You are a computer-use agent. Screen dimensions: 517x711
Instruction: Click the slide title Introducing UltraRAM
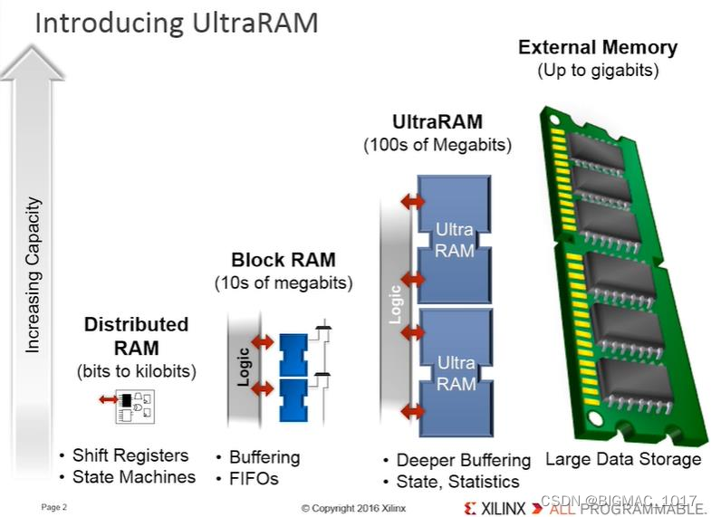[x=176, y=21]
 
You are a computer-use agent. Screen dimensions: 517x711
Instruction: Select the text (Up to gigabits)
[x=597, y=70]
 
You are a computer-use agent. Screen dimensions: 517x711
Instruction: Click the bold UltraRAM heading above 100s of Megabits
[x=437, y=122]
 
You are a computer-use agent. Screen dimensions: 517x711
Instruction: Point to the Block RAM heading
[x=283, y=261]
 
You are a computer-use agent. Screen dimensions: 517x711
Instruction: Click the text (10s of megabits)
[x=283, y=282]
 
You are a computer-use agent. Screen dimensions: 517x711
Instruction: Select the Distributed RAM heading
[x=137, y=336]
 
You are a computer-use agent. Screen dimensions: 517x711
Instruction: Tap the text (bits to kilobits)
[x=137, y=370]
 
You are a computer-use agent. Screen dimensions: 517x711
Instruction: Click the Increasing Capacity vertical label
[x=34, y=275]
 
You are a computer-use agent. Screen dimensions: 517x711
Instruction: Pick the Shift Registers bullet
[x=130, y=455]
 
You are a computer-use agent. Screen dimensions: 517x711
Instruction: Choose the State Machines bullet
[x=132, y=477]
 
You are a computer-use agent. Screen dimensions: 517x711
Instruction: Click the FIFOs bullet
[x=253, y=479]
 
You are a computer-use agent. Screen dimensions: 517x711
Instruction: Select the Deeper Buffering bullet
[x=463, y=460]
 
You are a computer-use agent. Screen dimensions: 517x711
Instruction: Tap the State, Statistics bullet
[x=457, y=482]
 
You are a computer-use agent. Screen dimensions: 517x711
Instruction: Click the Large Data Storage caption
[x=623, y=459]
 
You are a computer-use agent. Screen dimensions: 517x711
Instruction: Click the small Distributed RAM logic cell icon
[x=130, y=407]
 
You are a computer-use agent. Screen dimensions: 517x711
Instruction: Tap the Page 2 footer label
[x=54, y=506]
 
